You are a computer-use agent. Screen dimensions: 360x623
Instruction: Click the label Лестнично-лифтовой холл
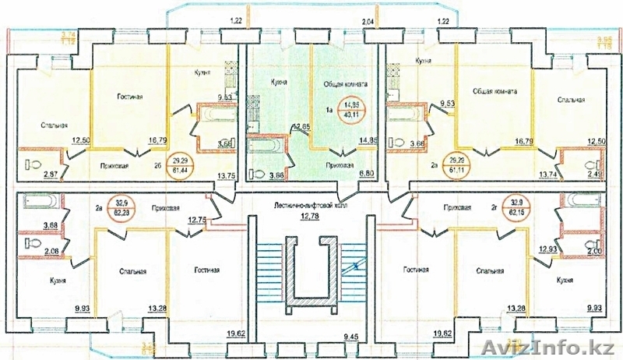click(311, 206)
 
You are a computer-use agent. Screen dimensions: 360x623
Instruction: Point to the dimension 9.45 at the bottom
click(311, 337)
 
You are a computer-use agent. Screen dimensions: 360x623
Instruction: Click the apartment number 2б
click(158, 165)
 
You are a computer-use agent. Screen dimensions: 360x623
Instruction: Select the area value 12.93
click(546, 249)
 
